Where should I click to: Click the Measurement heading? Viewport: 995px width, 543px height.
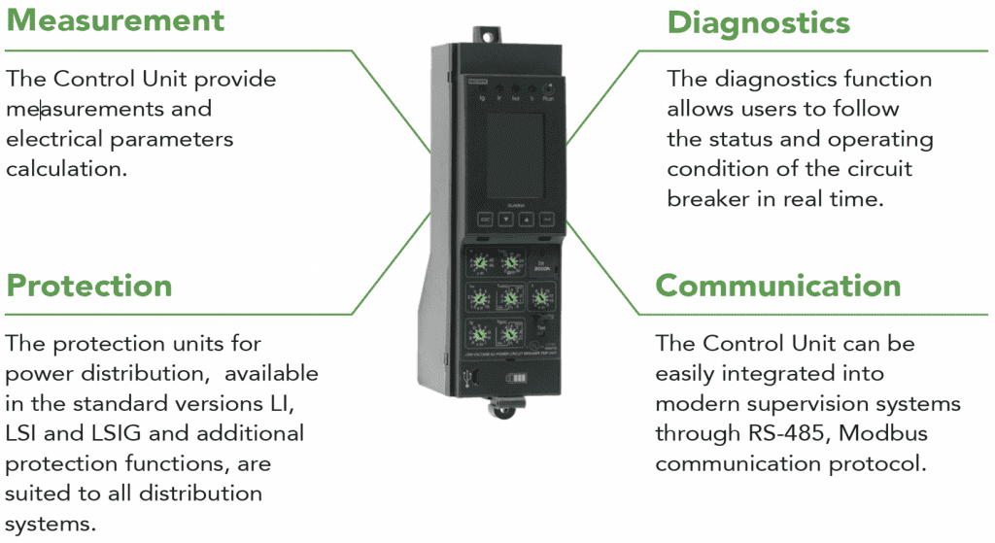tap(116, 20)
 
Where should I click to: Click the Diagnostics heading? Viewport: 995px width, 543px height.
tap(759, 22)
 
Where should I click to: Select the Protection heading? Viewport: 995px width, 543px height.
tap(89, 286)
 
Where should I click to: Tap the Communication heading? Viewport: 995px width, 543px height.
tap(778, 286)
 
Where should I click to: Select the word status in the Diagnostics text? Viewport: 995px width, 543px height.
tap(755, 139)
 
